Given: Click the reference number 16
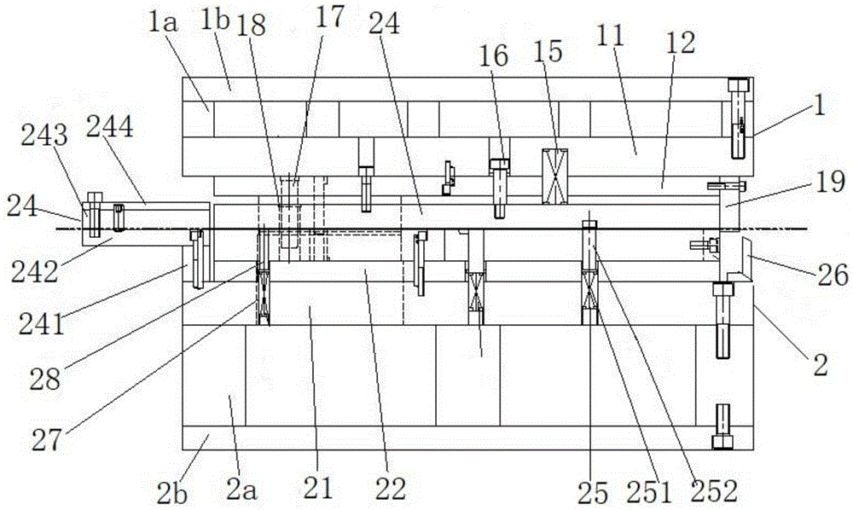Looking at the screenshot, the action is pyautogui.click(x=494, y=56).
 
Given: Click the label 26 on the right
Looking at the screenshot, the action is pyautogui.click(x=833, y=275).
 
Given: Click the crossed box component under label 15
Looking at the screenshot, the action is pyautogui.click(x=555, y=176).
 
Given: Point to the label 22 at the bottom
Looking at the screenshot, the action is pyautogui.click(x=391, y=489).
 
